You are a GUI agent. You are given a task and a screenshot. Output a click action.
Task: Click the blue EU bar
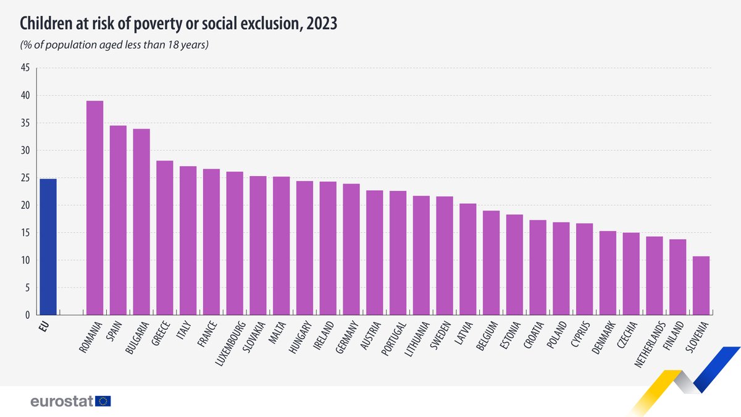click(x=48, y=247)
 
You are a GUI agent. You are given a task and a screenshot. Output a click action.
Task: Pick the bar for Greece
click(x=164, y=238)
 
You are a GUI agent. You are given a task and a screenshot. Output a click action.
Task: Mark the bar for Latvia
click(x=468, y=259)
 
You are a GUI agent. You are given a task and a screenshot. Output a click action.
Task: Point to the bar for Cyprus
click(x=585, y=269)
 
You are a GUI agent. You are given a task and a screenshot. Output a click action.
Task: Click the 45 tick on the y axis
click(x=25, y=68)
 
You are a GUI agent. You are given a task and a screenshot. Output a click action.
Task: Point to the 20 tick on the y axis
click(x=25, y=205)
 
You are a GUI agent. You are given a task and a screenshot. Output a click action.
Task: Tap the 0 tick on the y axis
click(x=27, y=315)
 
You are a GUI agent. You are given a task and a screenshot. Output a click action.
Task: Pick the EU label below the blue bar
click(x=44, y=325)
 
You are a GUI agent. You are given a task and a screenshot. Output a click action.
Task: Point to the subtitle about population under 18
click(x=114, y=45)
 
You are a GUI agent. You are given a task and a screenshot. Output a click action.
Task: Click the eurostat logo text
click(x=62, y=402)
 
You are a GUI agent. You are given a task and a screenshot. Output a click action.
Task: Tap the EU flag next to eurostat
click(x=104, y=402)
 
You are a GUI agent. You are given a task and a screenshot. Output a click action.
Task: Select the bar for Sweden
click(x=445, y=256)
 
